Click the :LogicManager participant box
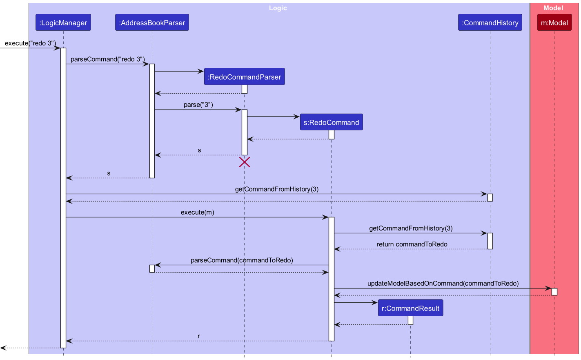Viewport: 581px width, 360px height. (63, 23)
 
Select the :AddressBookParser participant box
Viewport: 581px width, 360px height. (152, 23)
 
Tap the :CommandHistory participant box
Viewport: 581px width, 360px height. (490, 23)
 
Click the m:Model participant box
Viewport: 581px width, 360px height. (554, 23)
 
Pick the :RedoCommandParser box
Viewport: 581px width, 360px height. (244, 77)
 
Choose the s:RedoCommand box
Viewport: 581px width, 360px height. (331, 123)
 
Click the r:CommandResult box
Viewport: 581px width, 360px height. (410, 309)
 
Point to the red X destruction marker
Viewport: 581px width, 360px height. (245, 162)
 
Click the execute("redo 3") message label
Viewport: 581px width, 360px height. (30, 43)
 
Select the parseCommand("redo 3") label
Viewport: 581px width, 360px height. (107, 59)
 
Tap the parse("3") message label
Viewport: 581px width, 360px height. (198, 105)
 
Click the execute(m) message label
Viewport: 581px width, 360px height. (197, 212)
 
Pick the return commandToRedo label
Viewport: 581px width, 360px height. (412, 244)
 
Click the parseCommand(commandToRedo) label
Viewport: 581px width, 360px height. (242, 260)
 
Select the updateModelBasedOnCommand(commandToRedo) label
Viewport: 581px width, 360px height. (443, 284)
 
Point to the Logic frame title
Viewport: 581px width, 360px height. (278, 8)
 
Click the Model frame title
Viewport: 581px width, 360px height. (553, 8)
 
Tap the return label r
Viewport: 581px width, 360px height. (199, 336)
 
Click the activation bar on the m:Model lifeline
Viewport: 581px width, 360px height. (554, 292)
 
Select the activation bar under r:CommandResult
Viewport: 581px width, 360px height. (410, 320)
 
